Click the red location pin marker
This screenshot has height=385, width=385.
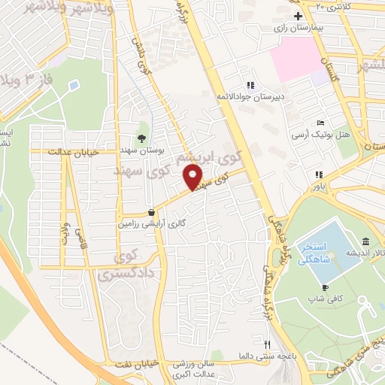(x=193, y=177)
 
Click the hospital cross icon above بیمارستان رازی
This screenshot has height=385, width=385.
(x=298, y=15)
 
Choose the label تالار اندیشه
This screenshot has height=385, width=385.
(x=365, y=253)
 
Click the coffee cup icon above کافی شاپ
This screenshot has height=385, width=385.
(x=324, y=287)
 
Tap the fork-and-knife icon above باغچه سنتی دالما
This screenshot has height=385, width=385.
(x=265, y=343)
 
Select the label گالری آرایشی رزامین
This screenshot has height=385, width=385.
(x=153, y=223)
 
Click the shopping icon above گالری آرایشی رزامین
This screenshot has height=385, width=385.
(x=153, y=212)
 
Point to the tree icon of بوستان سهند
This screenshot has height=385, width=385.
(x=141, y=137)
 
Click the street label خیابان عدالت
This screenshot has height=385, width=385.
(x=74, y=151)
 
